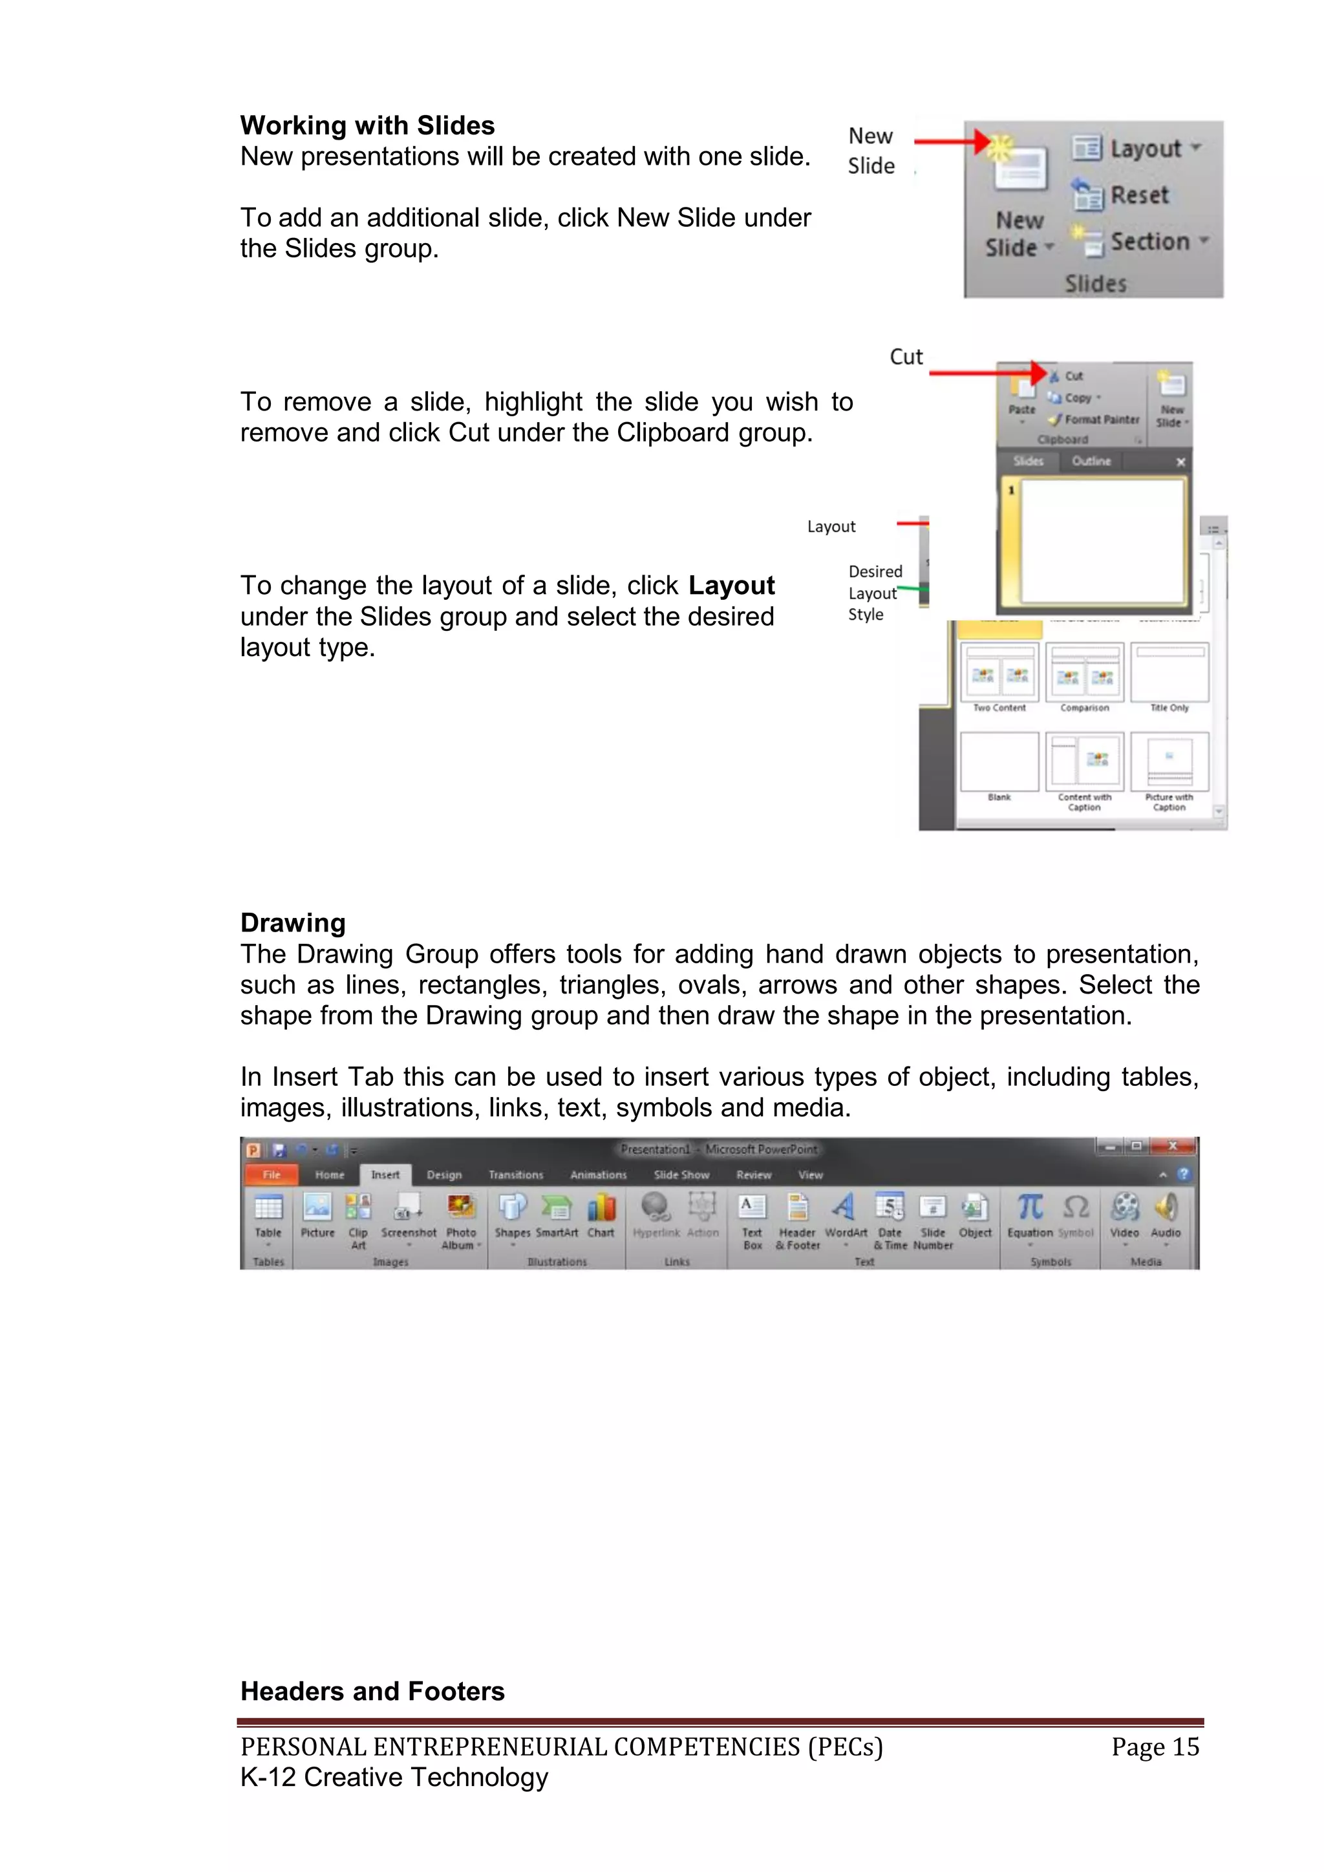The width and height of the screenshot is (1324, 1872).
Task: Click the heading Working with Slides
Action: point(367,125)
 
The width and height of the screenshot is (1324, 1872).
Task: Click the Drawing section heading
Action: point(293,923)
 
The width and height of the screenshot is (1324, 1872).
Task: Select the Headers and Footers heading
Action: point(372,1691)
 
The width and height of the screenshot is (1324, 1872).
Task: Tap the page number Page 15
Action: point(1155,1747)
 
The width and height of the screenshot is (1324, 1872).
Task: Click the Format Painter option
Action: point(1096,419)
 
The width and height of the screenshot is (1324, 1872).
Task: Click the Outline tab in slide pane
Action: point(1091,462)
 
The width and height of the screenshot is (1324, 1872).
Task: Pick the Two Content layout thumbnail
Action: point(999,674)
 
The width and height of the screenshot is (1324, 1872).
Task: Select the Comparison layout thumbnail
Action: point(1084,674)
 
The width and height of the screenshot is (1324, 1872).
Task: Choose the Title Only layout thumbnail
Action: point(1169,674)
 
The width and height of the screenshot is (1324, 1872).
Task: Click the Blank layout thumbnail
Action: point(999,762)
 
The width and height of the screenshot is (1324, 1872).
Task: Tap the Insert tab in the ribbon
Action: point(385,1175)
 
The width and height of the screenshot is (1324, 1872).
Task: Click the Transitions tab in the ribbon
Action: point(515,1175)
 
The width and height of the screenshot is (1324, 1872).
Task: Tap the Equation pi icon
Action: point(1030,1207)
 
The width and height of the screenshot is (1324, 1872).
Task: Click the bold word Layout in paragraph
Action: point(731,586)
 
